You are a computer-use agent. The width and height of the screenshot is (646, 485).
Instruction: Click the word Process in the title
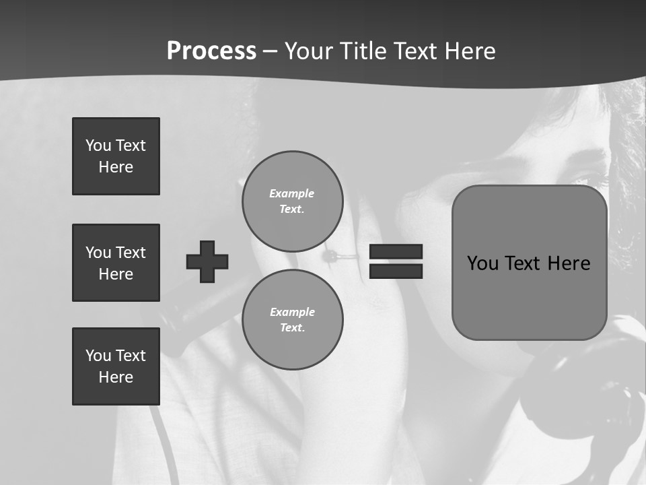[x=211, y=51]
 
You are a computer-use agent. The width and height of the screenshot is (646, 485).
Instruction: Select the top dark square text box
[x=116, y=156]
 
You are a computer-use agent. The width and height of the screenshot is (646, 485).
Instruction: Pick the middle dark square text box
[x=116, y=263]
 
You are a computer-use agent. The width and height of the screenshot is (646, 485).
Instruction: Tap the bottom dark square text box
[x=116, y=366]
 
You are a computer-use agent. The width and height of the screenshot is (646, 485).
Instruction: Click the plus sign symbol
[x=207, y=261]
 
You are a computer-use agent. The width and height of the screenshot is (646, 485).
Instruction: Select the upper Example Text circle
[x=292, y=201]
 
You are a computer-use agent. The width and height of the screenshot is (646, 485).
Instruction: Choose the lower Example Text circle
[x=292, y=319]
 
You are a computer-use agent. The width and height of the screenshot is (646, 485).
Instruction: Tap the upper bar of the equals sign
[x=396, y=252]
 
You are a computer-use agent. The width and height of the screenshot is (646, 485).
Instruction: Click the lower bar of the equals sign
[x=396, y=271]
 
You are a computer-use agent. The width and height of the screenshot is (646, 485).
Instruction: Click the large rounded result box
[x=529, y=263]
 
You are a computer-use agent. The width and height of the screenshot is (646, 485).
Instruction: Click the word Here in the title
[x=468, y=51]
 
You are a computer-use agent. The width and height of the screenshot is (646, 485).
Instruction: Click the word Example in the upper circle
[x=292, y=193]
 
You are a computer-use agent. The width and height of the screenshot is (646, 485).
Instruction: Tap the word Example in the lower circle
[x=292, y=312]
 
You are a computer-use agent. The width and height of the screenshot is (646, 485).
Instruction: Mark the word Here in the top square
[x=116, y=167]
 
